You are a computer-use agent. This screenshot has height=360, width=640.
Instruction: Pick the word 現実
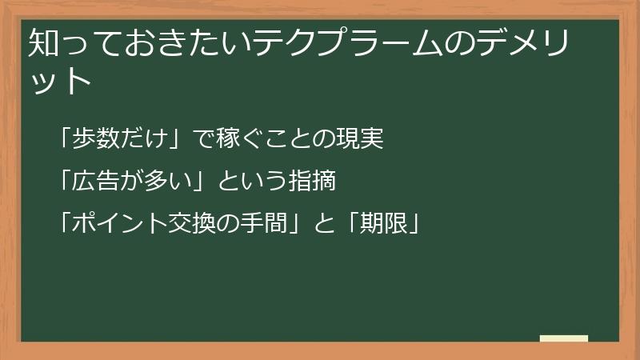(361, 139)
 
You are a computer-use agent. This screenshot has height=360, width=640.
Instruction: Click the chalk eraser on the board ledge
(564, 338)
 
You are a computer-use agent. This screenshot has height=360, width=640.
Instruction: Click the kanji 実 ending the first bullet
(373, 139)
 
